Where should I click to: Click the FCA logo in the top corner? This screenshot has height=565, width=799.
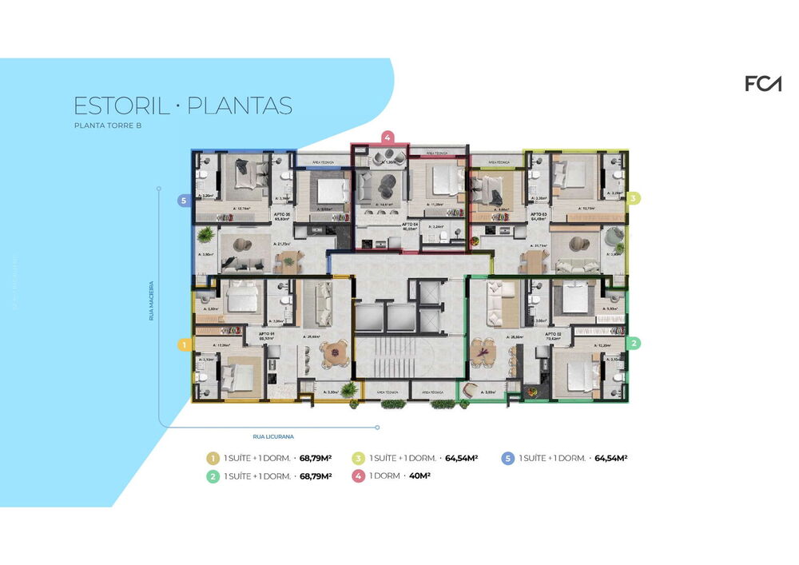[762, 83]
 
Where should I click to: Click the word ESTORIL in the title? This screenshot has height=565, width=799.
[120, 106]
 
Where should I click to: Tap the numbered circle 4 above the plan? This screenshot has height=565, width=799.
[387, 137]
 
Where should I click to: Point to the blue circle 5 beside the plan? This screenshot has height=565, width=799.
[183, 201]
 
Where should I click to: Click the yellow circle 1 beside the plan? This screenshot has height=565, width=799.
[183, 345]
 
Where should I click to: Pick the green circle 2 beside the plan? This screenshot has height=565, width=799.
[634, 344]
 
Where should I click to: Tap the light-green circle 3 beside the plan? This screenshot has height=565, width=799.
[633, 197]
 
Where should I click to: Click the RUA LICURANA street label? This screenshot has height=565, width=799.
[273, 436]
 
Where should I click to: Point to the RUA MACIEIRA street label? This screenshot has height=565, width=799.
[151, 300]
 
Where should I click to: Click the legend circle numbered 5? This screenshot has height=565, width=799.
[507, 458]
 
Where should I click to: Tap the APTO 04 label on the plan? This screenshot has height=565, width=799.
[410, 224]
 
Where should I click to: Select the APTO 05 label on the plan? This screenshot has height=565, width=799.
[280, 215]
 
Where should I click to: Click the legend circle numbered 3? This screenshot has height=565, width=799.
[359, 458]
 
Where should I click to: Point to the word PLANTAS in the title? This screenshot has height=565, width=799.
[240, 106]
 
